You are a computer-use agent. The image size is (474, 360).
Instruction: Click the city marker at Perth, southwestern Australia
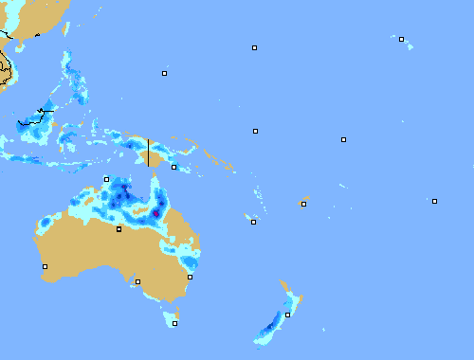click(45, 266)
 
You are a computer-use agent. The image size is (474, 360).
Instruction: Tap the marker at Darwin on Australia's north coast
click(106, 179)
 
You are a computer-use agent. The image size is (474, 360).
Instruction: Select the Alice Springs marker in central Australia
click(118, 229)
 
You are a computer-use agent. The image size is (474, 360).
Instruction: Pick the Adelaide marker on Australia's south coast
click(137, 281)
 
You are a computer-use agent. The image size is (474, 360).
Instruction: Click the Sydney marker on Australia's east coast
click(190, 277)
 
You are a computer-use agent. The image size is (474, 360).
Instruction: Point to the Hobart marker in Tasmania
click(174, 323)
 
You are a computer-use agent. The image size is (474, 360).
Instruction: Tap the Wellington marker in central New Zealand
click(288, 315)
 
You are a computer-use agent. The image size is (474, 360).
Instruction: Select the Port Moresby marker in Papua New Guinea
click(173, 168)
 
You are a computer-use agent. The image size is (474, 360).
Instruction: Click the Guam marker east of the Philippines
click(164, 73)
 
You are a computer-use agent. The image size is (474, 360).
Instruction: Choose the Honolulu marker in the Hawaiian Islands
click(401, 40)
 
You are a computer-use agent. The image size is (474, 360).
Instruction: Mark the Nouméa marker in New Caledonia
click(253, 222)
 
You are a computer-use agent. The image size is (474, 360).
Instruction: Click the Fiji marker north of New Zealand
click(303, 204)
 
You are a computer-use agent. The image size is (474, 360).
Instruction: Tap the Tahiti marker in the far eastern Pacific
click(434, 201)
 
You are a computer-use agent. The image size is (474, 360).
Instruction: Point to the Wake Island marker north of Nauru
click(254, 47)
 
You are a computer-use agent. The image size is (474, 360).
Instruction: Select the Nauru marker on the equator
click(255, 131)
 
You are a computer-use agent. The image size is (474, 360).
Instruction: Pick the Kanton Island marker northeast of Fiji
click(343, 140)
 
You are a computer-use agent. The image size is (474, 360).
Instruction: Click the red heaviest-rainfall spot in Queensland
click(155, 214)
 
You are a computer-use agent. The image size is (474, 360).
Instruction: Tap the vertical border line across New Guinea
click(148, 153)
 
